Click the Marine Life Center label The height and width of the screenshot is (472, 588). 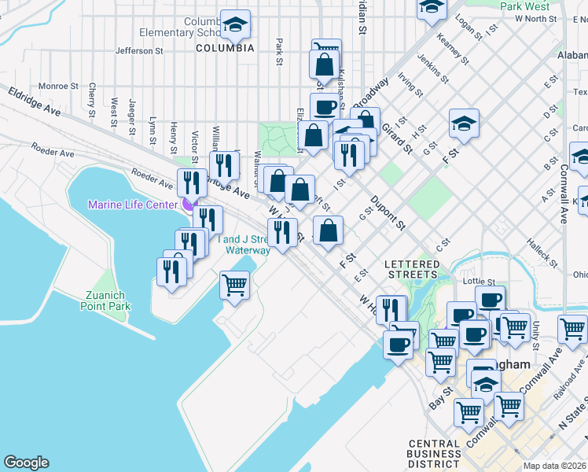coord(132,205)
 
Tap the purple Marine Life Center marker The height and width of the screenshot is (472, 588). coord(187,205)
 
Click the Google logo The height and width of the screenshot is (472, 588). coord(26,463)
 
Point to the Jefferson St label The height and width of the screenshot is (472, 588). coord(138,50)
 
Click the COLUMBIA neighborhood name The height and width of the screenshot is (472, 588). coord(225,48)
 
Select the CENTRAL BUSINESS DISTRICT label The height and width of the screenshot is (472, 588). coord(434,453)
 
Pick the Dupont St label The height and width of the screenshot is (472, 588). coord(388,213)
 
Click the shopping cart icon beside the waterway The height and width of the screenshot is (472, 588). coord(234,286)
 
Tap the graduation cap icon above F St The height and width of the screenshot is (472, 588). coord(464,124)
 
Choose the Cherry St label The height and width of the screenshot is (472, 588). coord(93,98)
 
